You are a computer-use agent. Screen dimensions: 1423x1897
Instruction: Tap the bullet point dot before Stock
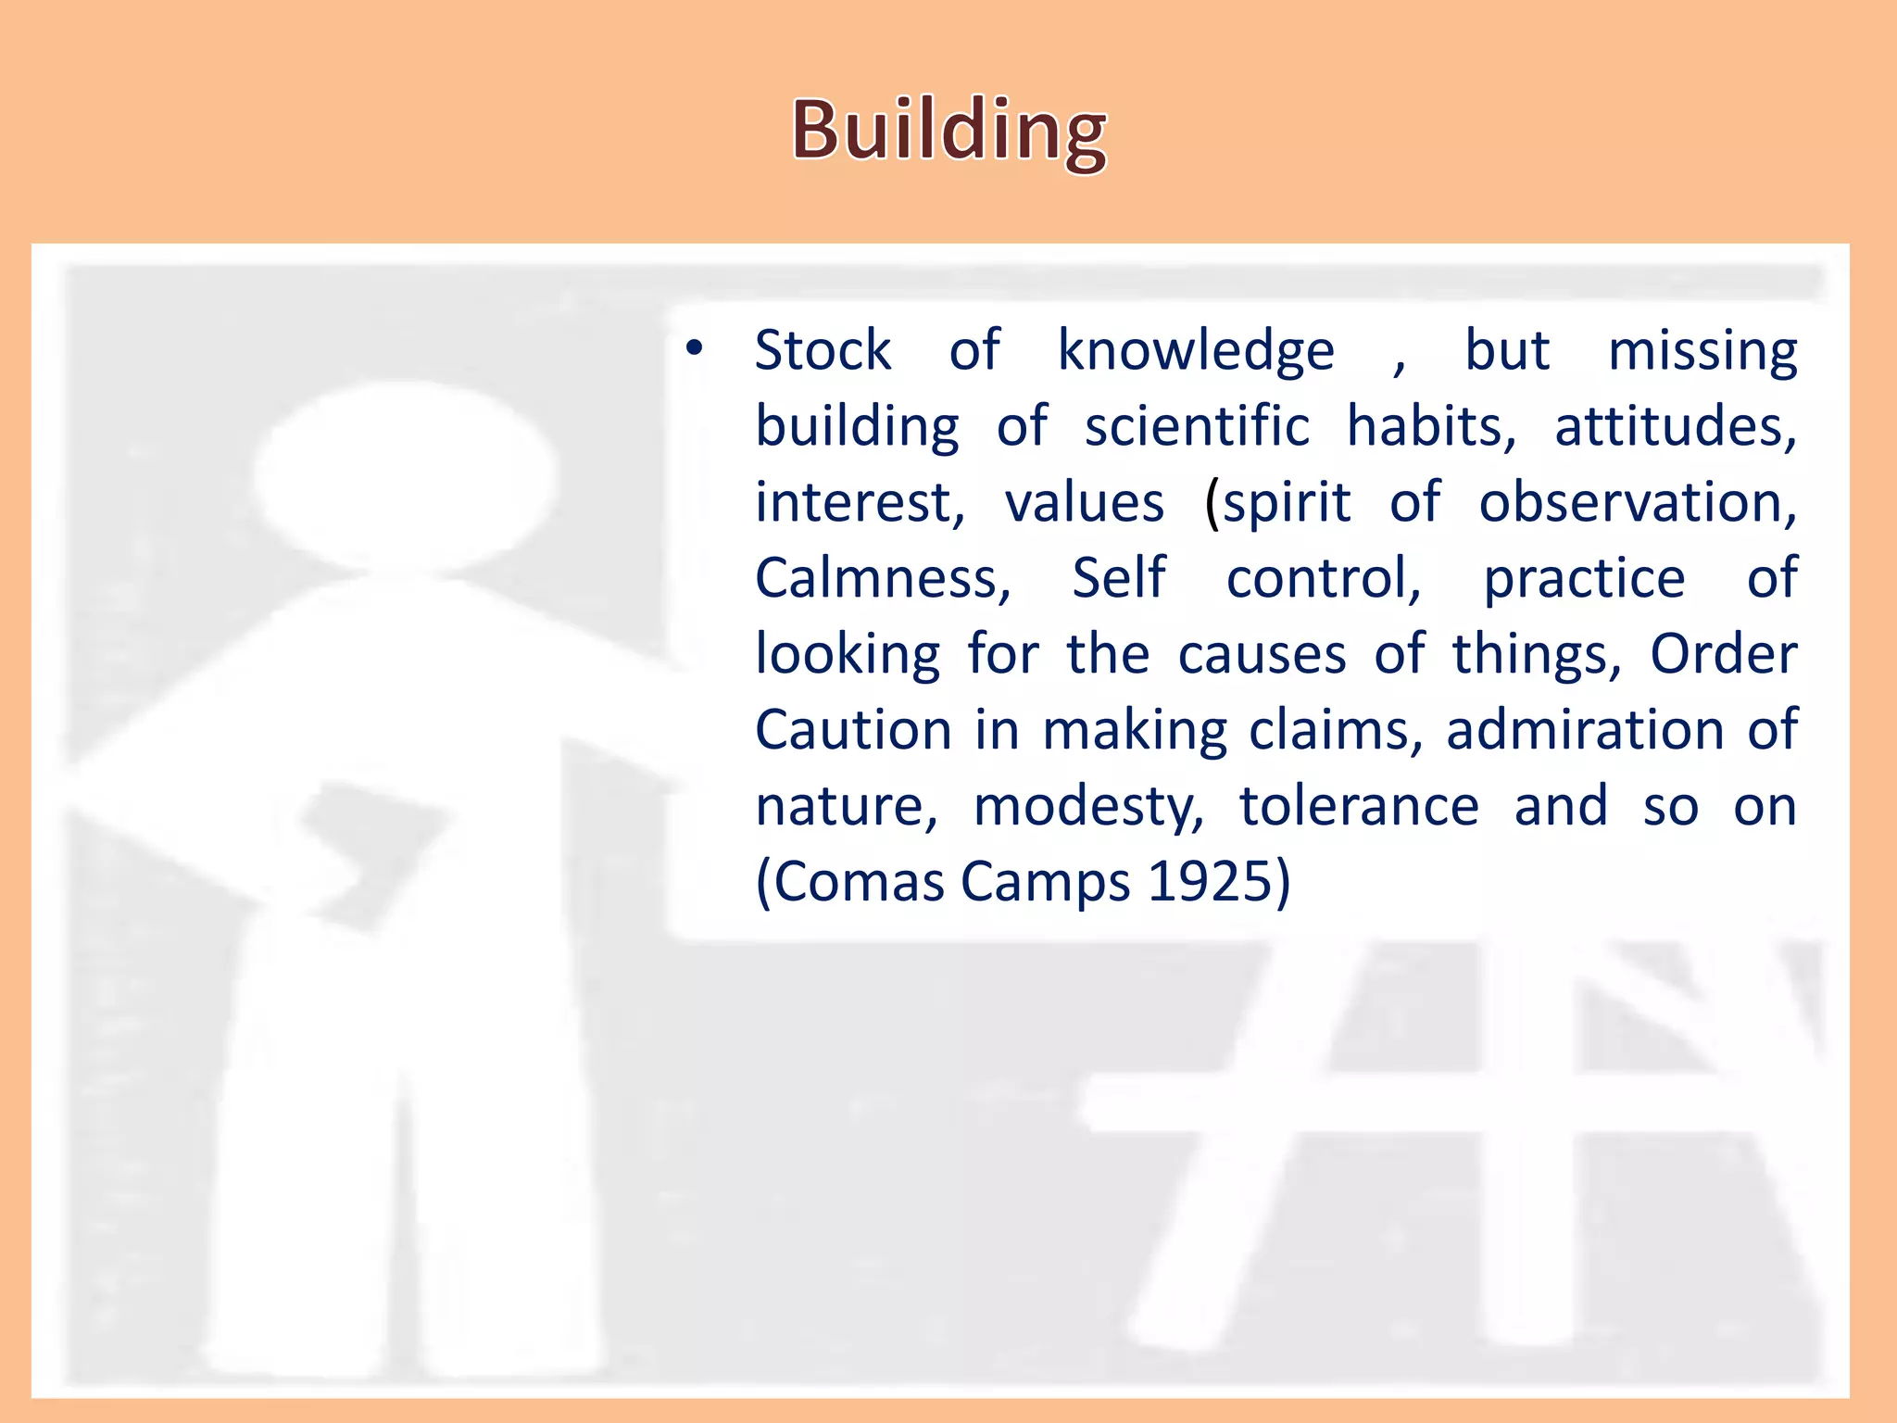coord(695,349)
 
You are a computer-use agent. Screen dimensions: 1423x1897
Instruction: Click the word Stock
coord(823,351)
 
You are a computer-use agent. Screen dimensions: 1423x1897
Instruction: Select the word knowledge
coord(1196,351)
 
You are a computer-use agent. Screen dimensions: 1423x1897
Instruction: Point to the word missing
coord(1702,351)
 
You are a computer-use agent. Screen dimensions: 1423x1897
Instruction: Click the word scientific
coord(1197,427)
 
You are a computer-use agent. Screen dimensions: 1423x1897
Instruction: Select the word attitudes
coord(1675,427)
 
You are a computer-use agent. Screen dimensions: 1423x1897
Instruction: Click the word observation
coord(1637,503)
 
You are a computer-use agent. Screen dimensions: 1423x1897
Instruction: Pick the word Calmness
coord(882,579)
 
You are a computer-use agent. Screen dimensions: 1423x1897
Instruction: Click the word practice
coord(1584,579)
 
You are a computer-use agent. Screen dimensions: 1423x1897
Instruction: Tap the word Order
coord(1723,655)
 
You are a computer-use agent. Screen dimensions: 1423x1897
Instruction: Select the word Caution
coord(853,731)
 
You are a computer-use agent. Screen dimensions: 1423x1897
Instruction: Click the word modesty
coord(1088,807)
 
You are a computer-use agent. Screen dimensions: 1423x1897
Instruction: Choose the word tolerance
coord(1359,807)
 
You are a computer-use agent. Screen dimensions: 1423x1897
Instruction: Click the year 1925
coord(1217,882)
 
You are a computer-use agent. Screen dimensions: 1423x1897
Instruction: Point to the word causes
coord(1262,655)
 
